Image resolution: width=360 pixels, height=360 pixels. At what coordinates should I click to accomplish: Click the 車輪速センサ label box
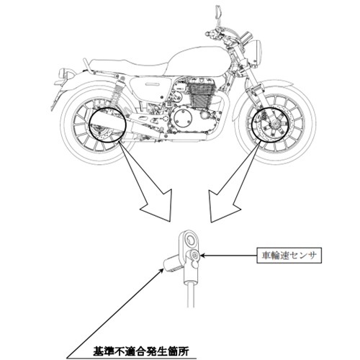(289, 256)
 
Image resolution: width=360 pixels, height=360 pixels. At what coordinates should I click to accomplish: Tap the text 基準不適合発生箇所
(141, 351)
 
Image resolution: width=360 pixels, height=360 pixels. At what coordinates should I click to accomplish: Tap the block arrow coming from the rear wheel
(150, 185)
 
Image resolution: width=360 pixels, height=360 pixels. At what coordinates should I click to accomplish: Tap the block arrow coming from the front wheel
(232, 185)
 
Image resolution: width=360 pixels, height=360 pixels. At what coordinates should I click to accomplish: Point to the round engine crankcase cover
(183, 118)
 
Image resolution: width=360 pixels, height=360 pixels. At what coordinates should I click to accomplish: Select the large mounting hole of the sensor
(191, 240)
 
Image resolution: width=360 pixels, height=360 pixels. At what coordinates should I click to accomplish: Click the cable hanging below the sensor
(191, 295)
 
